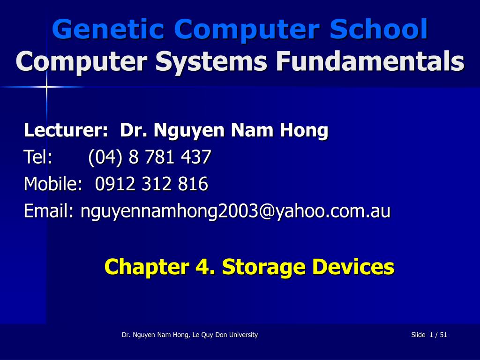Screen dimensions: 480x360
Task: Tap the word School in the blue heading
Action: click(379, 29)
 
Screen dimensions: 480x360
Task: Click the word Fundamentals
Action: click(370, 61)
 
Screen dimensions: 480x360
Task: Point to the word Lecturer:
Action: click(66, 130)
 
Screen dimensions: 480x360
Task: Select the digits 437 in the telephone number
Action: click(196, 157)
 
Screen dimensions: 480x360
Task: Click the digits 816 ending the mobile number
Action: click(193, 184)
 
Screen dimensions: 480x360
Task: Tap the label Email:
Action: click(49, 210)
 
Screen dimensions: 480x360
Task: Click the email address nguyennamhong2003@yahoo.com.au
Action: click(235, 211)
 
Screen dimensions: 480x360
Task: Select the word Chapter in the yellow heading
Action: click(147, 266)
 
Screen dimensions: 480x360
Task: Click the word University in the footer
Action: click(243, 335)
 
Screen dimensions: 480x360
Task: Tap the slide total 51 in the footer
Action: click(443, 335)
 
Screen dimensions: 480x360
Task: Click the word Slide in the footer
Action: click(418, 335)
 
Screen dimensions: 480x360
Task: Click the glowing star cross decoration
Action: click(46, 87)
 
